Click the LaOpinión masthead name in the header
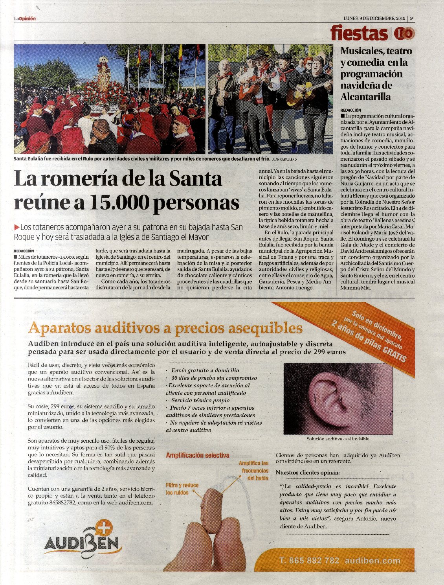tap(25, 18)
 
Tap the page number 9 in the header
tap(411, 18)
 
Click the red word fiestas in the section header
tap(359, 33)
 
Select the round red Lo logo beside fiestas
tap(404, 33)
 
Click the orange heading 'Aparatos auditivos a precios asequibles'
tap(165, 327)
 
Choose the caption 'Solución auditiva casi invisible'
tap(338, 439)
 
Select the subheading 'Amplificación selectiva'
tap(197, 455)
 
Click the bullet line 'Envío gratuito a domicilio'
tap(205, 370)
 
